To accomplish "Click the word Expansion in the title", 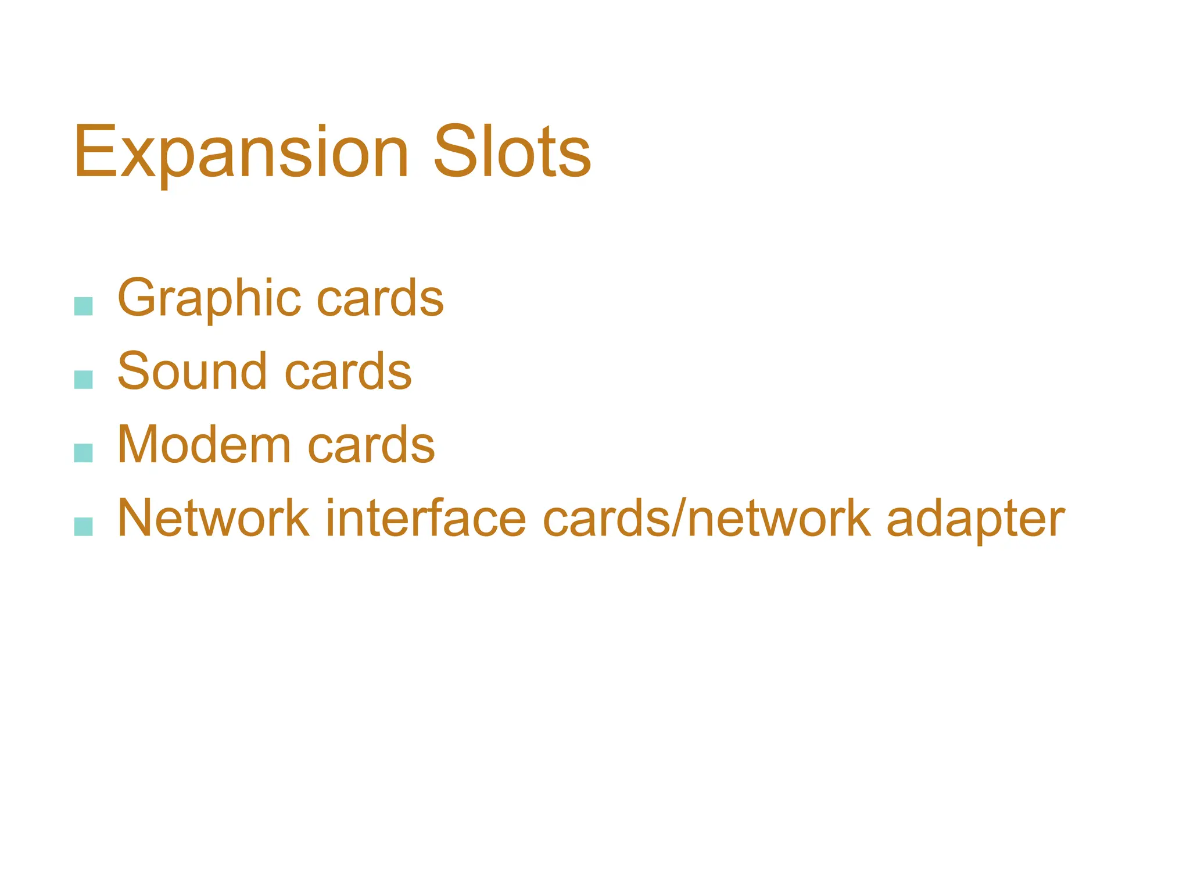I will (241, 152).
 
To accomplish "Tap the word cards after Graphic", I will (380, 299).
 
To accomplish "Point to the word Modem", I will (203, 445).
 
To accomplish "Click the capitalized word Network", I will (213, 519).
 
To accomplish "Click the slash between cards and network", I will (679, 519).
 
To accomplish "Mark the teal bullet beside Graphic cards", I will (84, 306).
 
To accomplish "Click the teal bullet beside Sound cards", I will (84, 380).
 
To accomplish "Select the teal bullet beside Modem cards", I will (84, 453).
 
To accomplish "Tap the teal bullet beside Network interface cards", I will (84, 526).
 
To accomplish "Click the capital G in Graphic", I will (139, 298).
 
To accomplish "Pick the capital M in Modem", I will (138, 445).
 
